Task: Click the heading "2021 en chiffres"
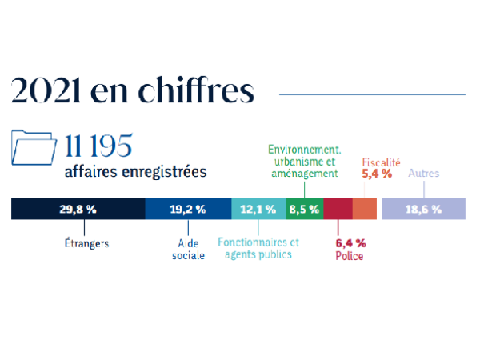[132, 91]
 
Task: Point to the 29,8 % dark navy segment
[78, 209]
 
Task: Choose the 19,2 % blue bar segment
[188, 209]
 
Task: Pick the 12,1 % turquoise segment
[258, 209]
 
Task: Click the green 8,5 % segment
[304, 209]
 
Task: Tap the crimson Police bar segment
[338, 209]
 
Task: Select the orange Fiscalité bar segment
[364, 209]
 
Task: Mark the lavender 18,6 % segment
[423, 209]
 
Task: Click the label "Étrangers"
[86, 242]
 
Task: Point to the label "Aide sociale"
[189, 249]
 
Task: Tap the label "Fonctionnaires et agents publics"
[258, 249]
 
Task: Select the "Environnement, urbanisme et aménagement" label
[305, 162]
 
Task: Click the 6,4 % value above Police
[350, 242]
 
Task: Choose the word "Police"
[349, 256]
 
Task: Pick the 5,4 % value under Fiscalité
[377, 173]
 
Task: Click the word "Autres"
[423, 173]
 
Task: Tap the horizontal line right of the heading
[371, 94]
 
